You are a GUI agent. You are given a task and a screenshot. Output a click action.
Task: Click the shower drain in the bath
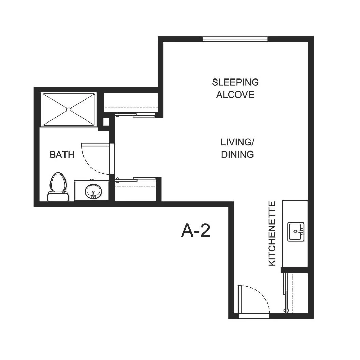69,110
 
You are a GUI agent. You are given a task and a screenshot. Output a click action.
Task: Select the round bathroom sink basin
93,191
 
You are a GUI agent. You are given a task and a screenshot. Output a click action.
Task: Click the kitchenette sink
296,232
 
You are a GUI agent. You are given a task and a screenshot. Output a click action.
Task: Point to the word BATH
62,155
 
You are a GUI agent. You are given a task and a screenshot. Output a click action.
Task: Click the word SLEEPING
235,82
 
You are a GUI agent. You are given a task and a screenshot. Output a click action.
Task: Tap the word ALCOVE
235,95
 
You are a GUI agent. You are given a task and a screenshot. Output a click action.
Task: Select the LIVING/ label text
237,142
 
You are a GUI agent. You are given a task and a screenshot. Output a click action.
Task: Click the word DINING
237,155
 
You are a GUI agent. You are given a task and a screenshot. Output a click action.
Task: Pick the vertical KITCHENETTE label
272,234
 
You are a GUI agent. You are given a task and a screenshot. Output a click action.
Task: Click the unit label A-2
196,231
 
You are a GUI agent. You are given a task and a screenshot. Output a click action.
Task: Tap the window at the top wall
235,39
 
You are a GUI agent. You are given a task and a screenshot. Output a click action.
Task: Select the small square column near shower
106,122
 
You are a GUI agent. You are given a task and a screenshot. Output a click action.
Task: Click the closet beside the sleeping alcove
131,103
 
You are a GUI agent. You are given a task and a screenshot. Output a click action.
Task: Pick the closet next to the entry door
297,293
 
